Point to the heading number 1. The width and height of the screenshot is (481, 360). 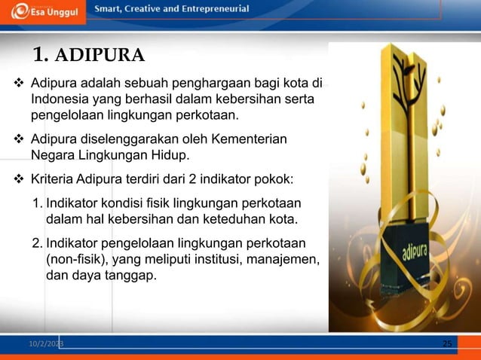point(41,55)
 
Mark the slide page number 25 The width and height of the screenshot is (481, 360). point(447,344)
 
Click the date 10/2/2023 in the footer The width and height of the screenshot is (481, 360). point(46,344)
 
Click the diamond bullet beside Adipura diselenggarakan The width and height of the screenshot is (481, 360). point(20,139)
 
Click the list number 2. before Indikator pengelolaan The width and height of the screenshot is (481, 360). point(37,244)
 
